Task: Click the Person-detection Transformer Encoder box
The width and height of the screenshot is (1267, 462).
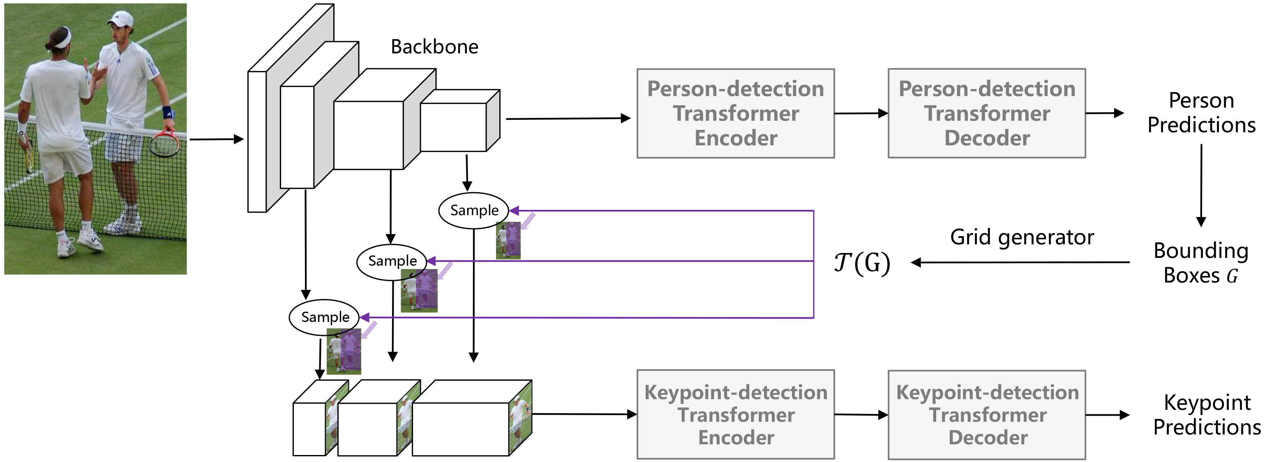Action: [735, 113]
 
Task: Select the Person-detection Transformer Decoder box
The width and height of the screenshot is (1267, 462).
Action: [986, 113]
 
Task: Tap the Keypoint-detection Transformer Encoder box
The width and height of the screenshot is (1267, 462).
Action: [735, 414]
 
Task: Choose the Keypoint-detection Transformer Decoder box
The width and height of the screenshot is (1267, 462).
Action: [986, 415]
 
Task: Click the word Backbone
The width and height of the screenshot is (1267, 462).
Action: [434, 47]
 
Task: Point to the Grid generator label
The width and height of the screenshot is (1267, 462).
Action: [1022, 237]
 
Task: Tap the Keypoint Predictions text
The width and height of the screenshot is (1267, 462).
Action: [1207, 414]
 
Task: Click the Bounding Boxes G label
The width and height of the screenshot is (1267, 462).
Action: [1200, 263]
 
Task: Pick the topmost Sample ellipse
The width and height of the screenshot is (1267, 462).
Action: [474, 210]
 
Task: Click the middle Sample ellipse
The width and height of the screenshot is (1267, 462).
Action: [392, 262]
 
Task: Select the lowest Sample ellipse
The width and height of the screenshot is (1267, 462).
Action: [325, 317]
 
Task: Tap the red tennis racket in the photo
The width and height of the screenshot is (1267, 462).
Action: [165, 143]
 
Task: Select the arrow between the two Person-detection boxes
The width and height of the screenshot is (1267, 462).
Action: [861, 113]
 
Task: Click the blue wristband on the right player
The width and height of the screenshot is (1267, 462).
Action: [167, 113]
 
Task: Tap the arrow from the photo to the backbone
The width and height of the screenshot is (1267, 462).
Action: [217, 139]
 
